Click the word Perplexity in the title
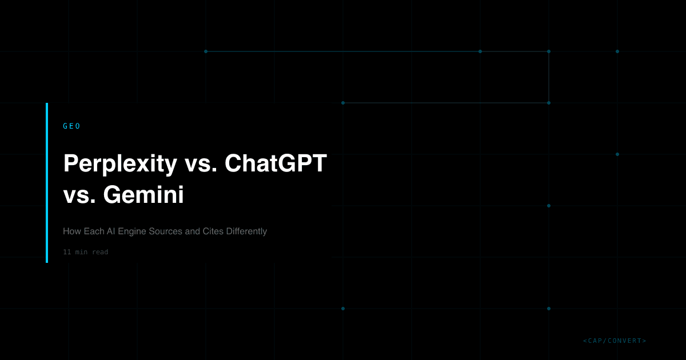point(120,164)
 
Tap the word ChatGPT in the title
point(276,164)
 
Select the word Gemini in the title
point(143,196)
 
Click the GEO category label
point(71,126)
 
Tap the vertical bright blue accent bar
point(47,183)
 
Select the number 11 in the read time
point(67,252)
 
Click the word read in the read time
point(99,252)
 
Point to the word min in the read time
point(81,252)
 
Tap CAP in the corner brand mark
point(596,341)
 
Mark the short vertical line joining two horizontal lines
point(549,77)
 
